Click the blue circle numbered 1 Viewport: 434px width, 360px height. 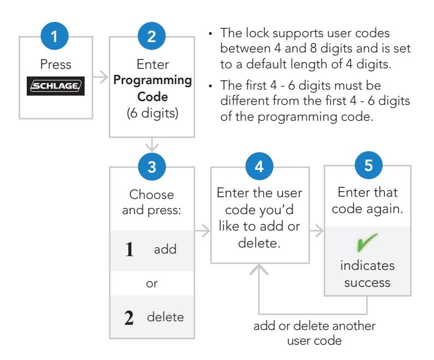tap(55, 36)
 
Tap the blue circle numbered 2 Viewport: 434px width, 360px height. tap(151, 36)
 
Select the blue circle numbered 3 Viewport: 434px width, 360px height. tap(152, 167)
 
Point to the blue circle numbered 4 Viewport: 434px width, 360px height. tap(259, 166)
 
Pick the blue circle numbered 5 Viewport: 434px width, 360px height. tap(368, 165)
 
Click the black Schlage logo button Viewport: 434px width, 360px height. tap(56, 86)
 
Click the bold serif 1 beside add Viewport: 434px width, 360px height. tap(129, 249)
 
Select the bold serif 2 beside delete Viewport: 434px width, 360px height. tap(129, 317)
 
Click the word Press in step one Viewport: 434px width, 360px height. tap(56, 64)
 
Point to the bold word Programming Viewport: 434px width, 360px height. tap(152, 81)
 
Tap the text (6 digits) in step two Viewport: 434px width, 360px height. tap(152, 113)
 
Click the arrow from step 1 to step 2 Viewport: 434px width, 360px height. tap(100, 76)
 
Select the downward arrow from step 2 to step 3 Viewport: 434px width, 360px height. tap(152, 145)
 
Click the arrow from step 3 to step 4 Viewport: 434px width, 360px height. tap(203, 231)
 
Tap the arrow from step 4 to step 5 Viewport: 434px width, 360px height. tap(317, 231)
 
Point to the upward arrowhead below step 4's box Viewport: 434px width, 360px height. tap(259, 269)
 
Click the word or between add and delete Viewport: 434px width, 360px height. tap(152, 284)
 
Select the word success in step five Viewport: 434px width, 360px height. tap(367, 283)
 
